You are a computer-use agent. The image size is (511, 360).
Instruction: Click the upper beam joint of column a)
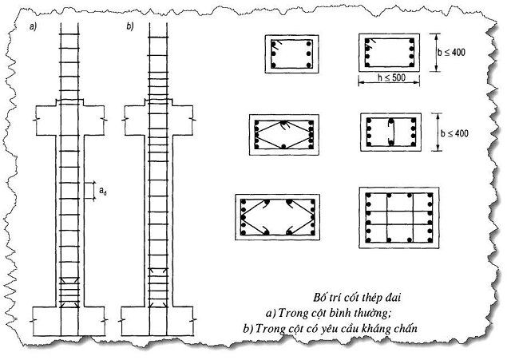pos(69,120)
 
